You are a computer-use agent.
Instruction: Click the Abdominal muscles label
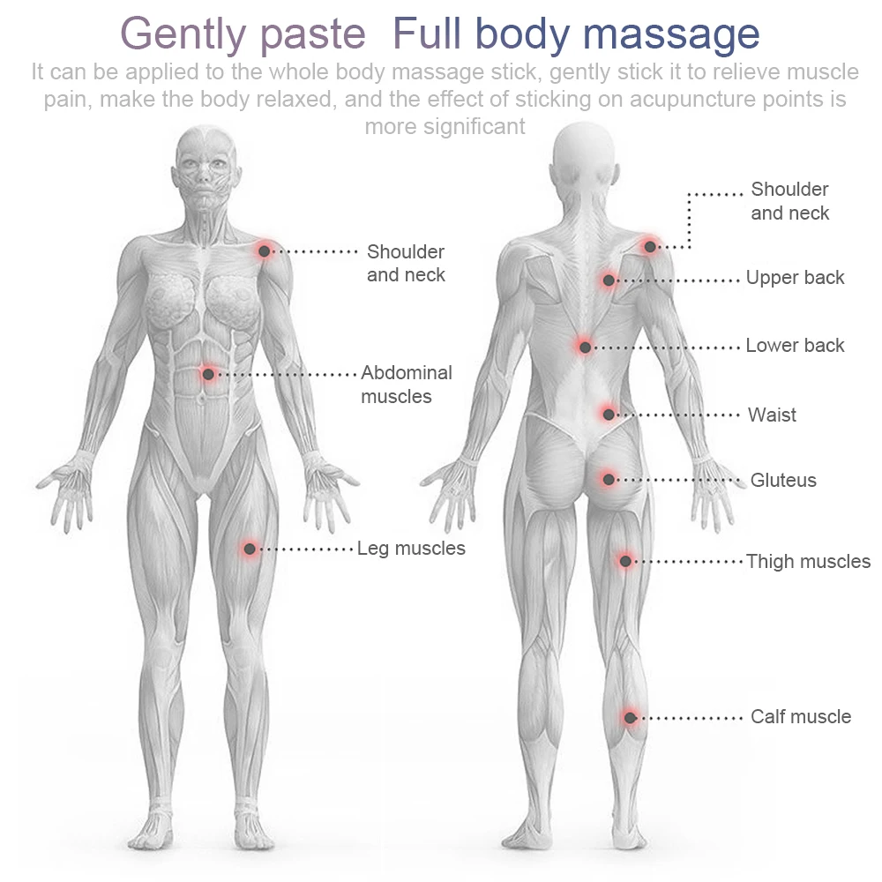406,385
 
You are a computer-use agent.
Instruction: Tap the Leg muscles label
411,549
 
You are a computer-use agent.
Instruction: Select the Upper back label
795,278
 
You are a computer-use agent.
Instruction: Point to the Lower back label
795,346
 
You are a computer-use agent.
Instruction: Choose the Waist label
772,415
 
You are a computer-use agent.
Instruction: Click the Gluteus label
783,481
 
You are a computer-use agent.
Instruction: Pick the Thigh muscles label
808,562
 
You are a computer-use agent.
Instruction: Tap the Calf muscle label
800,717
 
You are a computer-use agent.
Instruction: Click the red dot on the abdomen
208,374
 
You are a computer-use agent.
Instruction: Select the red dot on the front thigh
250,549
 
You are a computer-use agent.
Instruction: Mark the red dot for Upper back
608,280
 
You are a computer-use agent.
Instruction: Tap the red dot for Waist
608,413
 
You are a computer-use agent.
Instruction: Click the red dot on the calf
629,717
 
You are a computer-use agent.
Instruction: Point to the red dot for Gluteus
608,479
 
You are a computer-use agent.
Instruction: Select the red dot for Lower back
585,347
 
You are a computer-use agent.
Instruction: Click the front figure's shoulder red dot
264,251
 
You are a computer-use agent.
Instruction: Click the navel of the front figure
202,400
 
